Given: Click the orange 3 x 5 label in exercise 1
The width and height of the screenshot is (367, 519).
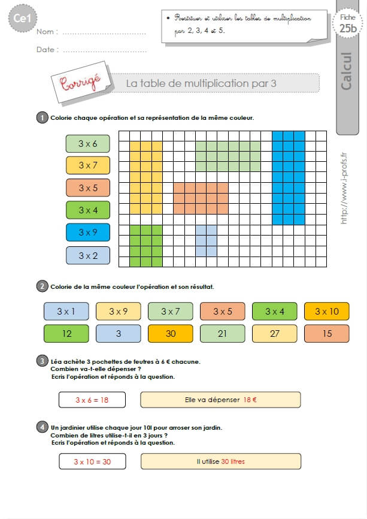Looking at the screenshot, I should pyautogui.click(x=88, y=188).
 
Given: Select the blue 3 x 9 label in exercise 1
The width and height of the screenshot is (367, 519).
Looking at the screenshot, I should pyautogui.click(x=88, y=233).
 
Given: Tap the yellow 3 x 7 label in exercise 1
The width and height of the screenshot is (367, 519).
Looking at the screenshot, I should pyautogui.click(x=88, y=165).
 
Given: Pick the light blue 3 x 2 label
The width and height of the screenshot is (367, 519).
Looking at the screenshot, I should pyautogui.click(x=88, y=255).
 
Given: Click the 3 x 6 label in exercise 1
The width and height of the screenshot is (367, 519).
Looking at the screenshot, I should pyautogui.click(x=88, y=143).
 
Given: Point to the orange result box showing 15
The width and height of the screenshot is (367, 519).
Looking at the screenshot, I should pyautogui.click(x=327, y=334).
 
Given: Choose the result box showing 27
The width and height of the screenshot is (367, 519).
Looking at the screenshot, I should pyautogui.click(x=275, y=334).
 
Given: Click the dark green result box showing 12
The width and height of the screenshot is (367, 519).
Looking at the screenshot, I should pyautogui.click(x=66, y=334).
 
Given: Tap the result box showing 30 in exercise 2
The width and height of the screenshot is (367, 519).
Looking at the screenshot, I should pyautogui.click(x=171, y=334).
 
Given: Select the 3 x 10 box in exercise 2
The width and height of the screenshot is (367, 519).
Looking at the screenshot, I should pyautogui.click(x=327, y=312).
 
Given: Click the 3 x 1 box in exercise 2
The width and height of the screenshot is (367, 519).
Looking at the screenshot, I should pyautogui.click(x=66, y=312).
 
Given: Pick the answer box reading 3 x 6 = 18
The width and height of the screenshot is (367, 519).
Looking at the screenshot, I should pyautogui.click(x=92, y=400).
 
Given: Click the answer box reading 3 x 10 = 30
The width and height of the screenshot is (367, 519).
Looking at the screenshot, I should pyautogui.click(x=92, y=461).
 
